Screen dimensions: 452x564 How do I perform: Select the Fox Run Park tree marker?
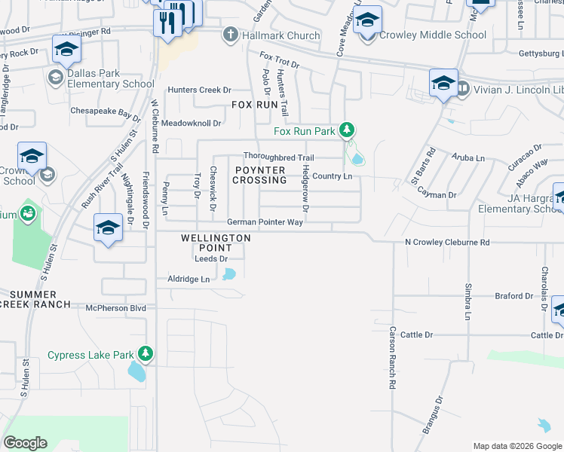(x=347, y=131)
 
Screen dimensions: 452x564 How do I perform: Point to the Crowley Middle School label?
(x=433, y=35)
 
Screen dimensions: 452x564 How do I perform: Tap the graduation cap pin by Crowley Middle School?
(x=367, y=21)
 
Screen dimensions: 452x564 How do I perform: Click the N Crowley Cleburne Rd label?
(x=447, y=243)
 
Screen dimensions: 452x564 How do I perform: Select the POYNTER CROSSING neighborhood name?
(x=259, y=175)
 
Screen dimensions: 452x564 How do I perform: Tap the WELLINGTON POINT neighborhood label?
(x=216, y=243)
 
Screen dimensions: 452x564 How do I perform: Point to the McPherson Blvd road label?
(x=115, y=307)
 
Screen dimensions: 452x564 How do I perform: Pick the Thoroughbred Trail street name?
(x=278, y=157)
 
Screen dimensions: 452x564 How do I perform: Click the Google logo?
(x=25, y=443)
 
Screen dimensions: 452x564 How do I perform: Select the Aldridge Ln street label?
(x=188, y=279)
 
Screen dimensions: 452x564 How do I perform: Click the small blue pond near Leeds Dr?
(x=229, y=274)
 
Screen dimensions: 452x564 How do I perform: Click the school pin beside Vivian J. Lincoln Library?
(x=443, y=84)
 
